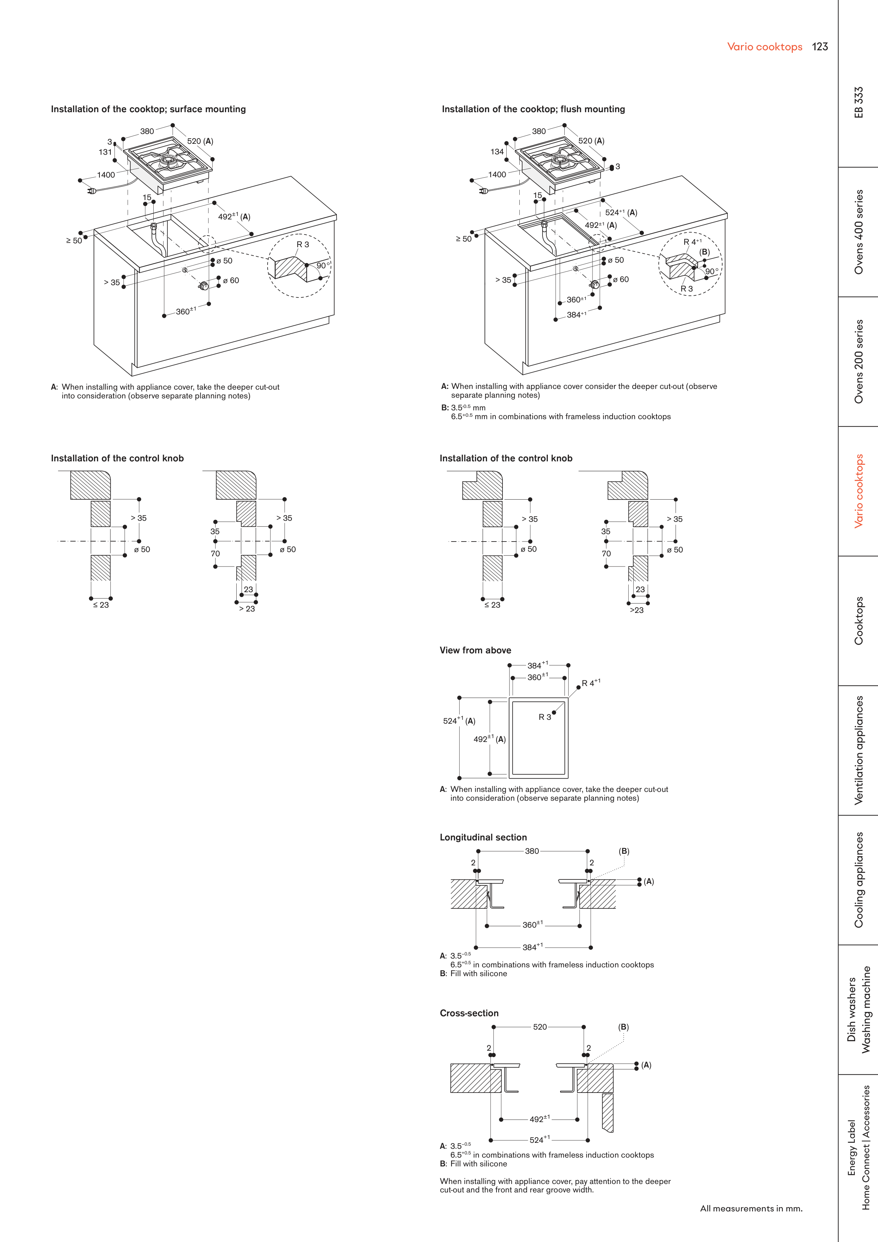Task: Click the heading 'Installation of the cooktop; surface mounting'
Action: pos(148,109)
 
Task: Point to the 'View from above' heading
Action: pos(475,650)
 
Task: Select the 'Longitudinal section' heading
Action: pos(483,837)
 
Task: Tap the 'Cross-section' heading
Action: pos(469,1013)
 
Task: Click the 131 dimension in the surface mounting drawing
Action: pos(105,152)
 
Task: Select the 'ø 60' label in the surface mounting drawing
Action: pos(231,280)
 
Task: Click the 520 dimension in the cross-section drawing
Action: pos(540,1027)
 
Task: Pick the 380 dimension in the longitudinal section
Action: pos(532,851)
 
